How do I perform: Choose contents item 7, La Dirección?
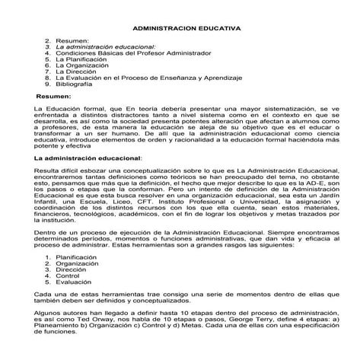coord(78,69)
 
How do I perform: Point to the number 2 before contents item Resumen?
coord(48,39)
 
